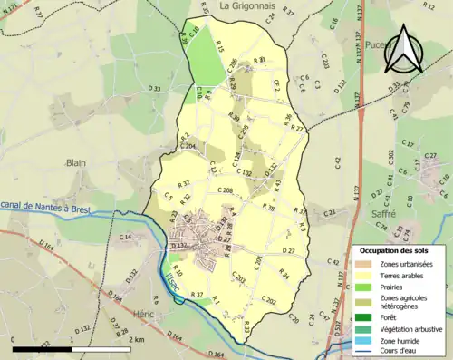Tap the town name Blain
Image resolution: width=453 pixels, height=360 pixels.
coord(75,163)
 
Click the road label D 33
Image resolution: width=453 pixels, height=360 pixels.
coord(154,88)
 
